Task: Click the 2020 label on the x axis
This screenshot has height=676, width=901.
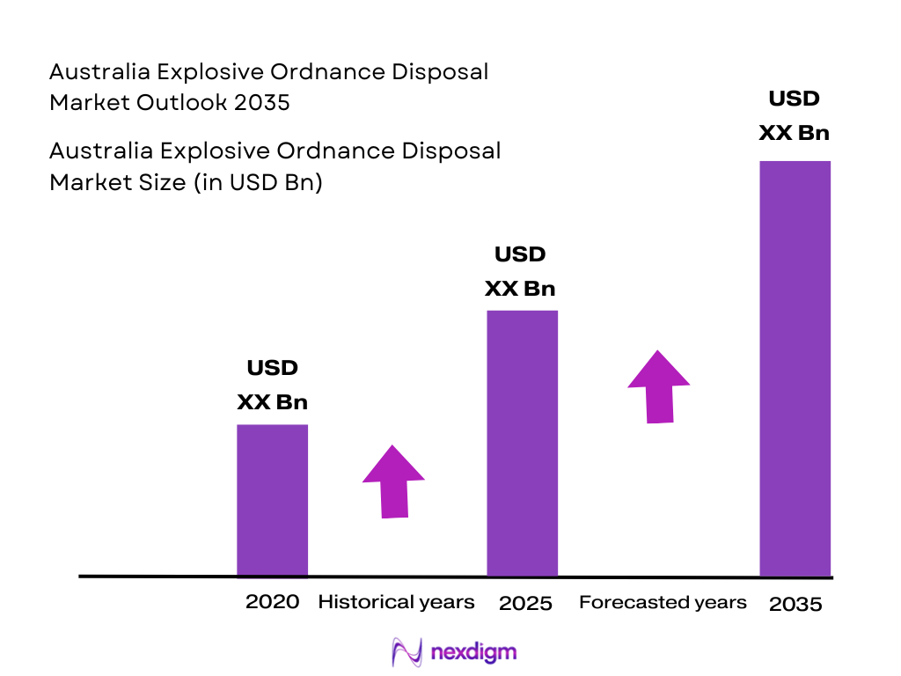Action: [x=272, y=602]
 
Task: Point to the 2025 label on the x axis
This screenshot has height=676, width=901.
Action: [x=525, y=604]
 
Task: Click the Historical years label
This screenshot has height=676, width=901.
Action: [x=396, y=602]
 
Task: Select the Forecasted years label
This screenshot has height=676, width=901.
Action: [x=663, y=602]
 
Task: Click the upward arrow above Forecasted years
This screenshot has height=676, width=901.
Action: [x=658, y=387]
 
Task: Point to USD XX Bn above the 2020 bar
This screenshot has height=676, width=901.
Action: [x=272, y=386]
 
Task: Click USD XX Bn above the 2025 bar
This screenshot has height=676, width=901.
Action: [x=520, y=272]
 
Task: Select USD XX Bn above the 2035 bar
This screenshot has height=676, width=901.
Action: [x=794, y=116]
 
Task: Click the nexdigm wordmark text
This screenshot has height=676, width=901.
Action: [x=474, y=652]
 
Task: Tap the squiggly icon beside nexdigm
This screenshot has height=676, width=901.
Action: [x=407, y=652]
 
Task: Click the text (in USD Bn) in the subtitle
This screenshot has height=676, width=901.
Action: [x=266, y=182]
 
